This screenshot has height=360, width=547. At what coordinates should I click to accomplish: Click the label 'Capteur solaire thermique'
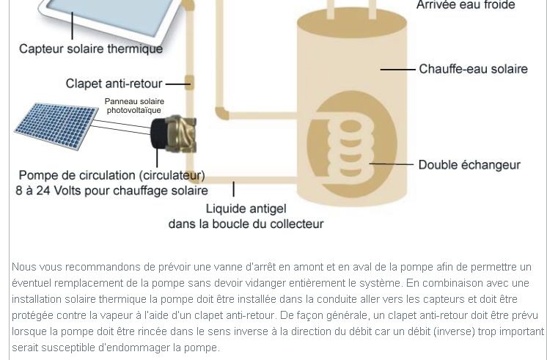click(91, 49)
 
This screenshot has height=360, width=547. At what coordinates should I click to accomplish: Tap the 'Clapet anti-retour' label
click(114, 84)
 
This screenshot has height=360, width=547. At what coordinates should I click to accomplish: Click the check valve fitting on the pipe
click(189, 83)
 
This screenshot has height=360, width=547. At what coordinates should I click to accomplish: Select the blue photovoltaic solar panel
click(56, 126)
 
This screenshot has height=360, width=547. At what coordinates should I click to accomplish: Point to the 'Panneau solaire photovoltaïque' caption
click(134, 106)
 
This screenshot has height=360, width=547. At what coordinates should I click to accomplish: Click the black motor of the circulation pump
click(159, 133)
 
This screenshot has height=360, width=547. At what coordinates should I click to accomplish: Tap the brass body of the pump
click(181, 134)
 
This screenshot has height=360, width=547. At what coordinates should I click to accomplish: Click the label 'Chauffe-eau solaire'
click(474, 69)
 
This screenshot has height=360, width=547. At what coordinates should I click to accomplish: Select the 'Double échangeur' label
click(469, 165)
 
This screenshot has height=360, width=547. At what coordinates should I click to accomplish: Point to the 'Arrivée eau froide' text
click(466, 5)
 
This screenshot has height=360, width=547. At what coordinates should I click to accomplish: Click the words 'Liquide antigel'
click(246, 209)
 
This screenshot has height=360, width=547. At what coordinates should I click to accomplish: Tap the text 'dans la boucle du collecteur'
click(246, 224)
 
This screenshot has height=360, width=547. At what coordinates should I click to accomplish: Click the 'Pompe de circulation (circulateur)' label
click(111, 175)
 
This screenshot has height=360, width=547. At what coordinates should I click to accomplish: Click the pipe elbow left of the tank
click(222, 114)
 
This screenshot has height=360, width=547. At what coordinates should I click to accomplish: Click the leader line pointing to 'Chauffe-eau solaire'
click(397, 70)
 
